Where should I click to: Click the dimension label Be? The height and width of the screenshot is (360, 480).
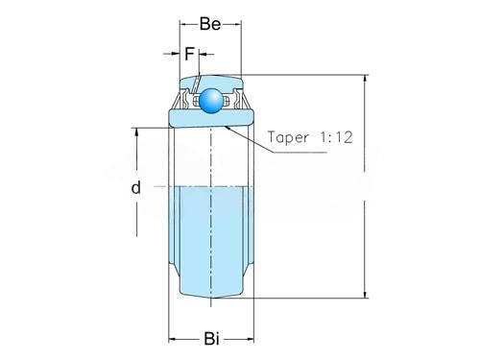[210, 24]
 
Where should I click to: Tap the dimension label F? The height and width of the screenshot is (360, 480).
[189, 54]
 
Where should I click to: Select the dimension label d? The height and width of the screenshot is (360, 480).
[136, 187]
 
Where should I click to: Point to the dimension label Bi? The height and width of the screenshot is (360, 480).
[211, 339]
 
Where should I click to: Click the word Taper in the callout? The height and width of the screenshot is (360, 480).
[288, 137]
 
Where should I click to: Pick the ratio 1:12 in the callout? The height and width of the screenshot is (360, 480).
[336, 137]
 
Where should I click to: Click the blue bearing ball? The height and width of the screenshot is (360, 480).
[211, 101]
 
